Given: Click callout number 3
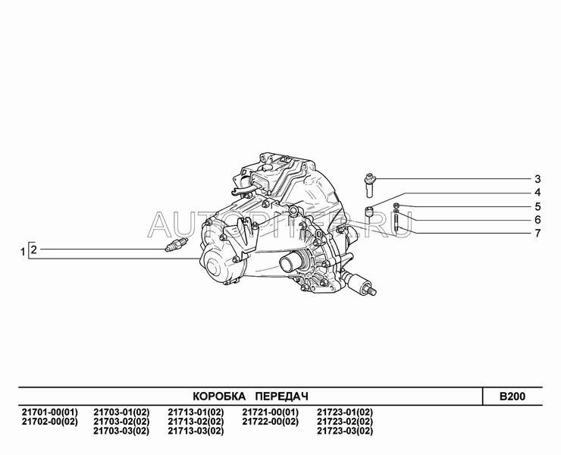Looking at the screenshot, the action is coord(537,179).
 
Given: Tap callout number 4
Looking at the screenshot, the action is coord(537,193).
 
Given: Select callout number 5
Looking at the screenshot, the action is coord(537,206).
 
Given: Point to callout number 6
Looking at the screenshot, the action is coord(537,219).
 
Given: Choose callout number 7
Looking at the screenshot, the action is coord(537,234).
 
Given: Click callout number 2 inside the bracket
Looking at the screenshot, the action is coord(33,249).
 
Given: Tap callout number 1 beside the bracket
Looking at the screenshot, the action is coord(23,252).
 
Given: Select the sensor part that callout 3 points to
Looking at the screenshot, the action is coord(370,185).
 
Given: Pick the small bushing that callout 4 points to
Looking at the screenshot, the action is coord(369,212).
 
